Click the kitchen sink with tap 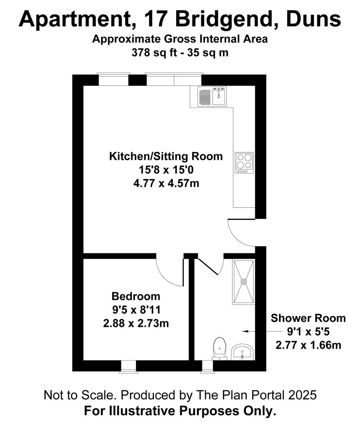pyautogui.click(x=212, y=96)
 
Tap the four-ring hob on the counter pyautogui.click(x=244, y=162)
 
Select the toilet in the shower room pyautogui.click(x=220, y=349)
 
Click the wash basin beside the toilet pyautogui.click(x=243, y=352)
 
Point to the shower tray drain pyautogui.click(x=243, y=282)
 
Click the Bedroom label pyautogui.click(x=136, y=296)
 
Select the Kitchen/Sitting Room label pyautogui.click(x=166, y=156)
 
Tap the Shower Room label pyautogui.click(x=308, y=318)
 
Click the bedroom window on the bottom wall pyautogui.click(x=128, y=367)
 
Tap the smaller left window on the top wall pyautogui.click(x=113, y=79)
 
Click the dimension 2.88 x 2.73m pyautogui.click(x=136, y=323)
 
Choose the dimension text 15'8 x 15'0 pyautogui.click(x=166, y=170)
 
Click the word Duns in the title pyautogui.click(x=313, y=19)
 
